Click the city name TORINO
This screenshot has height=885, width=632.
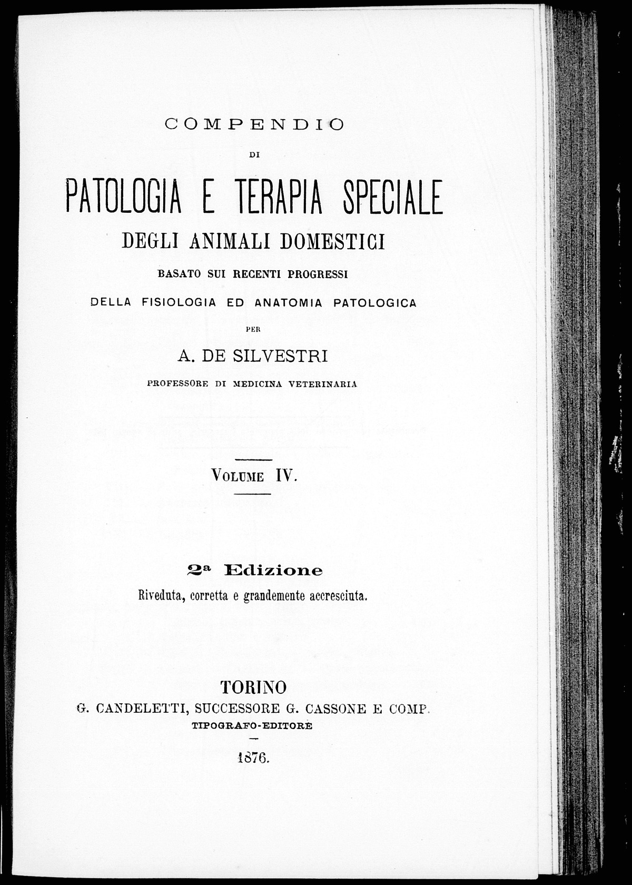click(253, 687)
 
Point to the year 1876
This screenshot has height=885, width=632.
click(253, 758)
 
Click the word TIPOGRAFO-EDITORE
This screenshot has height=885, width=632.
click(252, 725)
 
